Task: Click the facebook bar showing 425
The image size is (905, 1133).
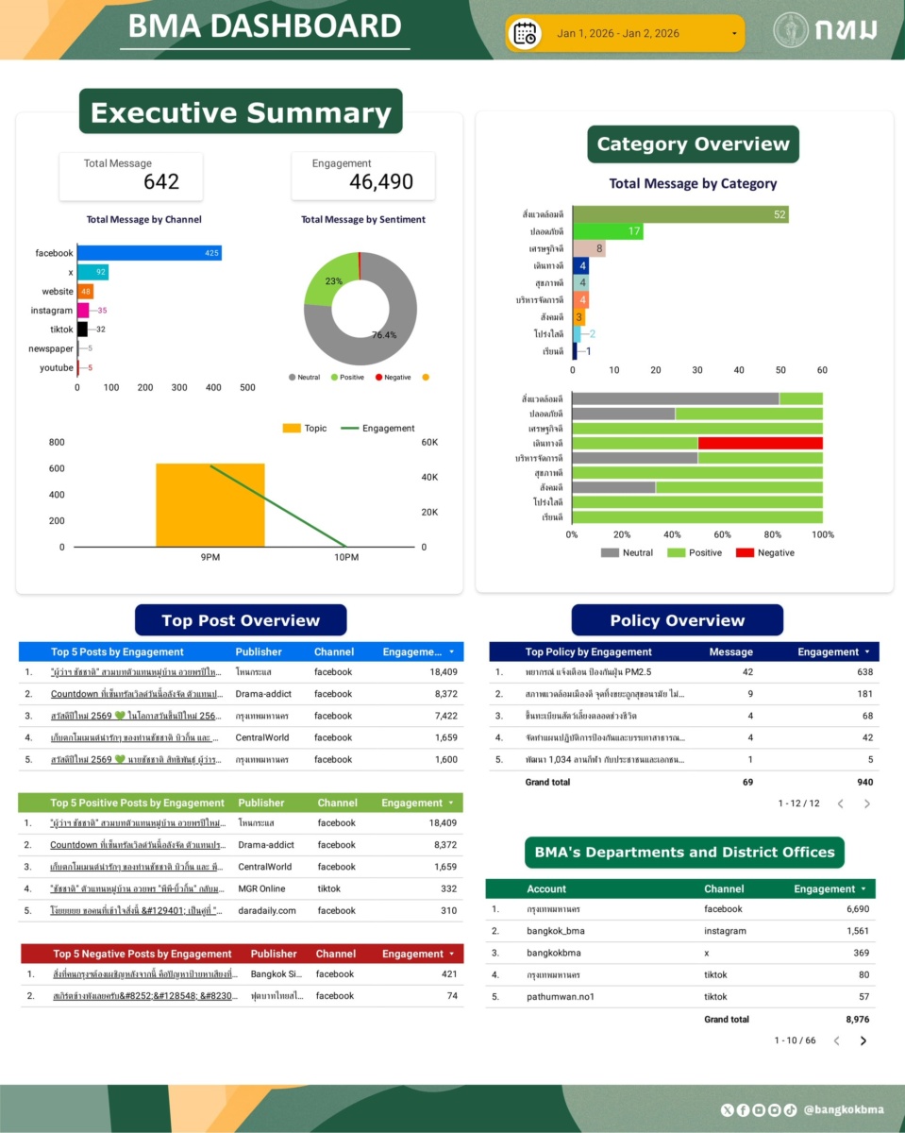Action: tap(149, 253)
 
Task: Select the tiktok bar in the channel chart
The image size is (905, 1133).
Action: tap(82, 329)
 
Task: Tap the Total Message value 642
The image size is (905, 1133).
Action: tap(161, 182)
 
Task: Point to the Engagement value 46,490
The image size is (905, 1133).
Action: tap(381, 182)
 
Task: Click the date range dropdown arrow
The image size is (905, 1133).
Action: tap(734, 34)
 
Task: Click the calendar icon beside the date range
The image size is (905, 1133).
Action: tap(524, 34)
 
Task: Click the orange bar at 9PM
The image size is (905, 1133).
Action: tap(209, 504)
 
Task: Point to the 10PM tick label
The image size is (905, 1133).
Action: tap(346, 558)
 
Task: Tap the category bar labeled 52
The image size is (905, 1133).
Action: tap(679, 214)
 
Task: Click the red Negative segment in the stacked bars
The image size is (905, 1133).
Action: tap(760, 443)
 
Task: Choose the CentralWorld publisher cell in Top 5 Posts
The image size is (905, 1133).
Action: tap(263, 737)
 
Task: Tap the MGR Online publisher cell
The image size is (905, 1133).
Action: tap(260, 888)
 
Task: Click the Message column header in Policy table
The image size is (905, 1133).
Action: tap(730, 651)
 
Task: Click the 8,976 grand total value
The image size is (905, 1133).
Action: tap(857, 1020)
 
